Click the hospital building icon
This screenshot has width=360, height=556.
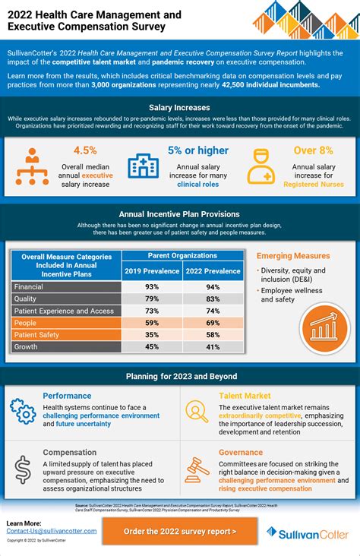tap(143, 166)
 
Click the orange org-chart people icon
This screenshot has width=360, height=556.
tap(32, 166)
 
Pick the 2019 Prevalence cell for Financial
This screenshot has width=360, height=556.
tap(152, 286)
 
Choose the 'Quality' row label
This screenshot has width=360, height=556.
tap(27, 299)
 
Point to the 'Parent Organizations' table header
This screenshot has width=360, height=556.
tap(183, 256)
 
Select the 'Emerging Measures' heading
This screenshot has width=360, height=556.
tap(293, 256)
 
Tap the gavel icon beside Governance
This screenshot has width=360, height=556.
tap(197, 469)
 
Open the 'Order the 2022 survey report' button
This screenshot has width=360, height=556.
tap(179, 531)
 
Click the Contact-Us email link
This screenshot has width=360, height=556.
tap(52, 531)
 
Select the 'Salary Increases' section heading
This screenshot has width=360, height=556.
tap(179, 109)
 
